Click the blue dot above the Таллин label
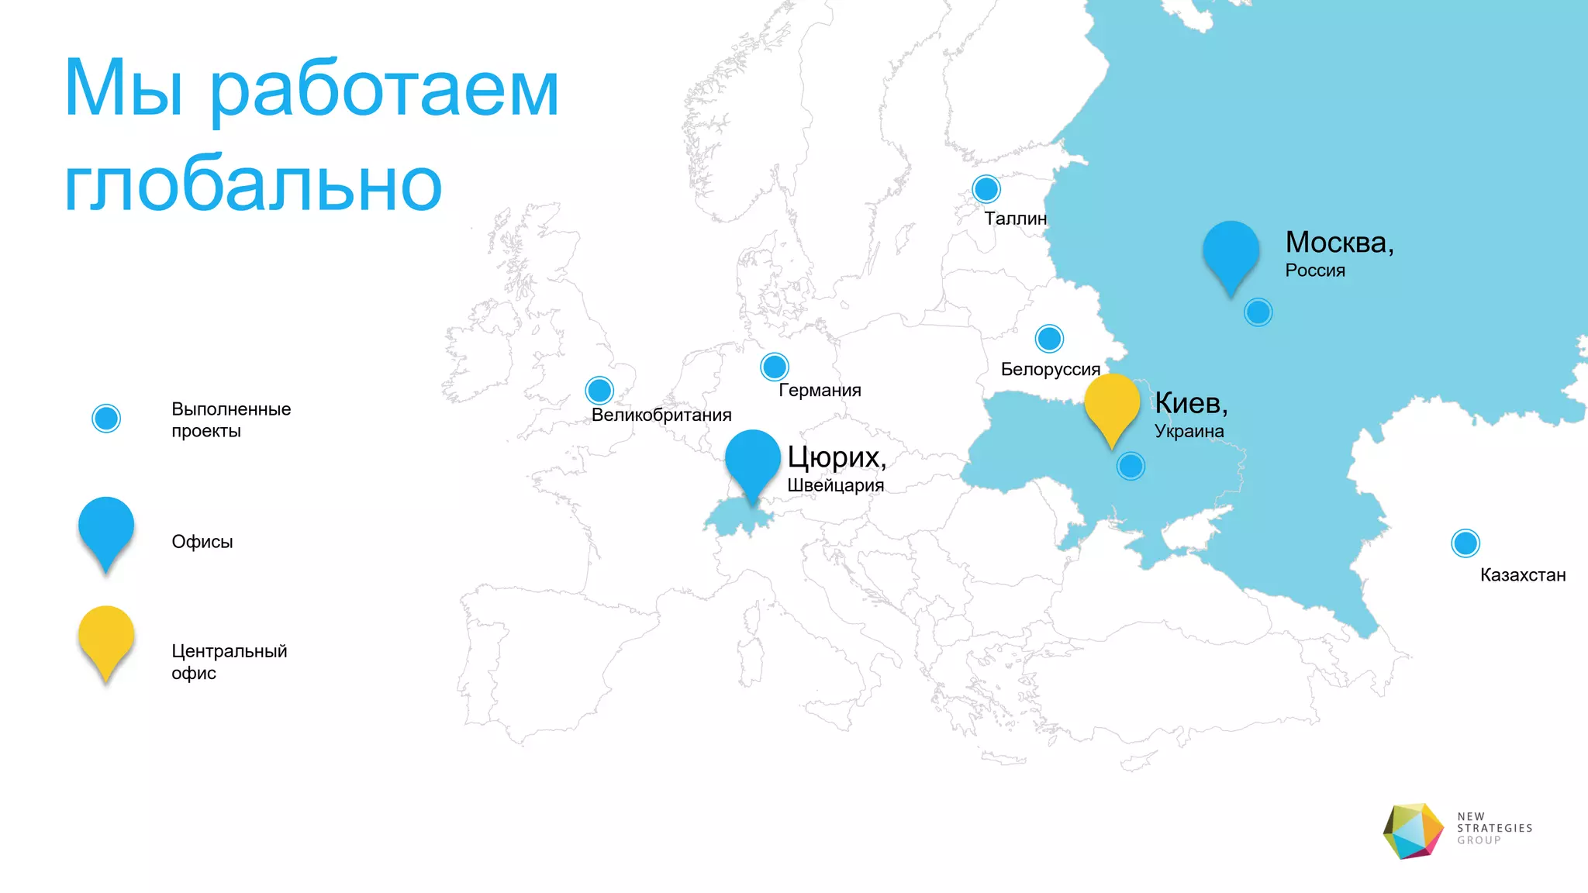(x=986, y=188)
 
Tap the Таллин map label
(x=1015, y=219)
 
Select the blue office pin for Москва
(x=1231, y=253)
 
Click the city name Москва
(x=1338, y=243)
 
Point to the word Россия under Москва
(x=1315, y=271)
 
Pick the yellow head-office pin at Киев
(x=1112, y=405)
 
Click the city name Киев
(x=1189, y=403)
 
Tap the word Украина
(x=1189, y=431)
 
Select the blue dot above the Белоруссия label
(x=1049, y=339)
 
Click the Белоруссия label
(x=1050, y=370)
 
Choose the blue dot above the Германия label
(x=775, y=367)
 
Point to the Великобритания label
(x=661, y=415)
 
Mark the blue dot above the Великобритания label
(x=599, y=390)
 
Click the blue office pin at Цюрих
(x=753, y=462)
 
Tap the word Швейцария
(x=835, y=486)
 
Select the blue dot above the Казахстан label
(x=1465, y=543)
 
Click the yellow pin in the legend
(x=106, y=638)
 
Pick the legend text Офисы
(x=202, y=542)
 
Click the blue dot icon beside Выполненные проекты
(x=106, y=419)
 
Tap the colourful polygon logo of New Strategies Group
(x=1413, y=831)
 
